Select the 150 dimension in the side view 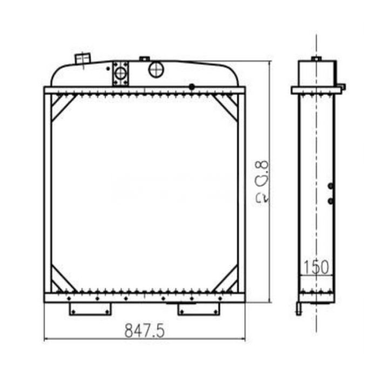tap(316, 267)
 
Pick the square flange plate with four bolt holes tap(121, 73)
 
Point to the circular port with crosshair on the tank tap(156, 69)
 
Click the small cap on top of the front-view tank tap(144, 58)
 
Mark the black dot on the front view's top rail tap(191, 87)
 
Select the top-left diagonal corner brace tap(62, 107)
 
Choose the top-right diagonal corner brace tap(226, 107)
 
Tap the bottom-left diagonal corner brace tap(62, 280)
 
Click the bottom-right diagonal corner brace tap(226, 280)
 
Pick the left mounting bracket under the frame tap(90, 309)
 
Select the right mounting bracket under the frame tap(199, 309)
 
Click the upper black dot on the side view tap(330, 186)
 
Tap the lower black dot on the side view tap(330, 201)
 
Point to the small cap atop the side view tap(316, 58)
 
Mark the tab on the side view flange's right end tap(341, 86)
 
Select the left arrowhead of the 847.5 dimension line tap(45, 339)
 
